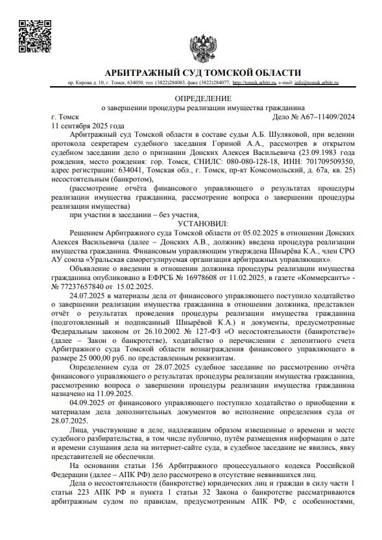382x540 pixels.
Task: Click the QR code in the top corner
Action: (x=32, y=36)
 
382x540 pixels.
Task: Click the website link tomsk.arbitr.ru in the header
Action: (x=254, y=83)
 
